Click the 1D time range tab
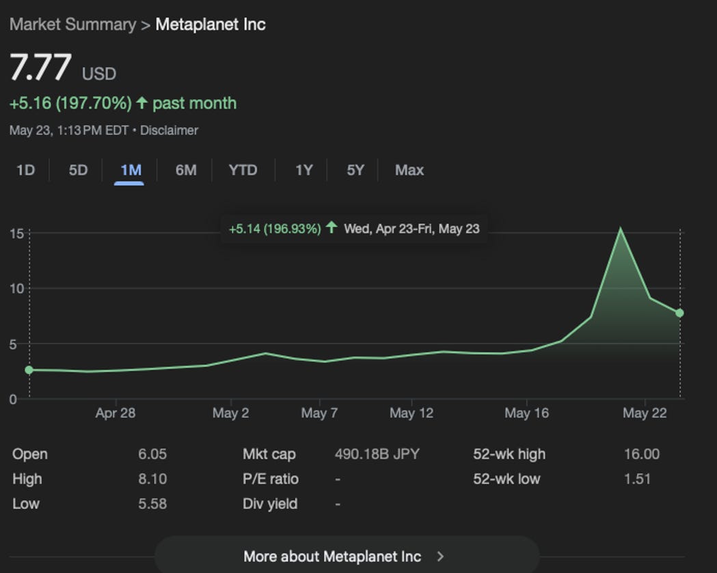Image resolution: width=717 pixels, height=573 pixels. point(25,170)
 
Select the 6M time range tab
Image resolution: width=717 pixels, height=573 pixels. point(186,170)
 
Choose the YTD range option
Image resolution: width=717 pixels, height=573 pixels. point(243,170)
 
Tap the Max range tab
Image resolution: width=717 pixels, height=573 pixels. point(409,170)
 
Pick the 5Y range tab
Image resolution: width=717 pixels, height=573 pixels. point(355,170)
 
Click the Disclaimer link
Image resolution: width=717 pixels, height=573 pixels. point(169,130)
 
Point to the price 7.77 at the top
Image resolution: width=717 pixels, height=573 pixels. point(40,68)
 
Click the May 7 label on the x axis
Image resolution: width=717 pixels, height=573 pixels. point(319,413)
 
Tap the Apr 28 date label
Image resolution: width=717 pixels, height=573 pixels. point(115,413)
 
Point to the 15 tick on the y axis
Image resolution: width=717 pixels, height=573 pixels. point(16,234)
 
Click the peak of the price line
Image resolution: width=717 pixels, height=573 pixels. point(620,229)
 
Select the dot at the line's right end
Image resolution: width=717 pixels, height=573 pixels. point(679,313)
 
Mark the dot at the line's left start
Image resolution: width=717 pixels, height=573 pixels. point(29,370)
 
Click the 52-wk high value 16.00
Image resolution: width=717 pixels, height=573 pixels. point(641,454)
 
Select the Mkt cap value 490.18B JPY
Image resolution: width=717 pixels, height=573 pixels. point(377,454)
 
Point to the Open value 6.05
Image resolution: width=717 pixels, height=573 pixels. point(152,454)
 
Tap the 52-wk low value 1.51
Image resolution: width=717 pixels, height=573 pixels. point(637,479)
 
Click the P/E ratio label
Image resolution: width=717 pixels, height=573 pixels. point(270,479)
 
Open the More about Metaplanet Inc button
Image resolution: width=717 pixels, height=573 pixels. point(346,556)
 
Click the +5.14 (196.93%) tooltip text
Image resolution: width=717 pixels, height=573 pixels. point(275,229)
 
